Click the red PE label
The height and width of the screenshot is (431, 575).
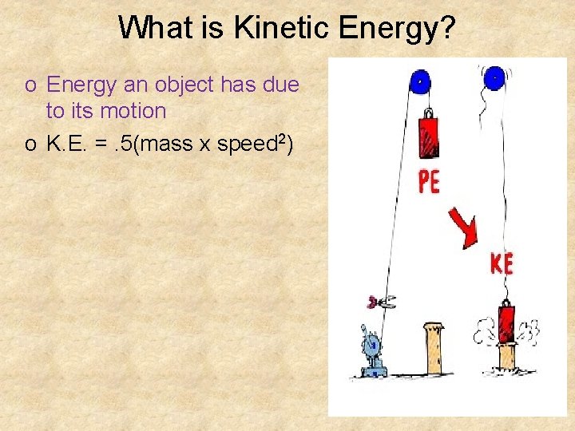pos(429,183)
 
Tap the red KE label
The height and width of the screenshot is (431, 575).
pos(502,263)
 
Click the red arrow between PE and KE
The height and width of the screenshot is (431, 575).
pos(463,228)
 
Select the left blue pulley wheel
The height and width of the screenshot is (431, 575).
pos(420,81)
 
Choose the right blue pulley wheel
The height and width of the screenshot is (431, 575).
pos(494,77)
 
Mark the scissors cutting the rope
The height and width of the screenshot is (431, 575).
pos(383,302)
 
